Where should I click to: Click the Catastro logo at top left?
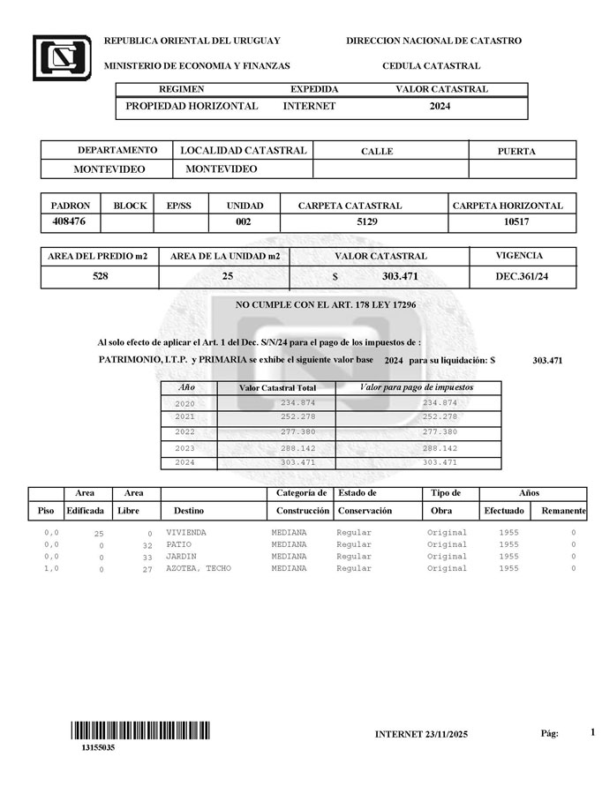pos(61,57)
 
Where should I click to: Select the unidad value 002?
pos(244,221)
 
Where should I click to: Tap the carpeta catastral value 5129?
pos(367,221)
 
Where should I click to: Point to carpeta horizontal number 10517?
pos(516,221)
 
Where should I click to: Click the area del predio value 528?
pos(101,276)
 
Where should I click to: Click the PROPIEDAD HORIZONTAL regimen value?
pos(192,106)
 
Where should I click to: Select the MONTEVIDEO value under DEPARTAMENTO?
pos(109,169)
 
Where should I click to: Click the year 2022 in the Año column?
pos(185,432)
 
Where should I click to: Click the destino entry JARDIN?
pos(183,557)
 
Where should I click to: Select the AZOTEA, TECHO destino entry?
pos(199,569)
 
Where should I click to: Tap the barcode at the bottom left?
pos(141,730)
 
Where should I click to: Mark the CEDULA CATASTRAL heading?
pos(431,65)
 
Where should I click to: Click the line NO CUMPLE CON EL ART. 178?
pos(326,304)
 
